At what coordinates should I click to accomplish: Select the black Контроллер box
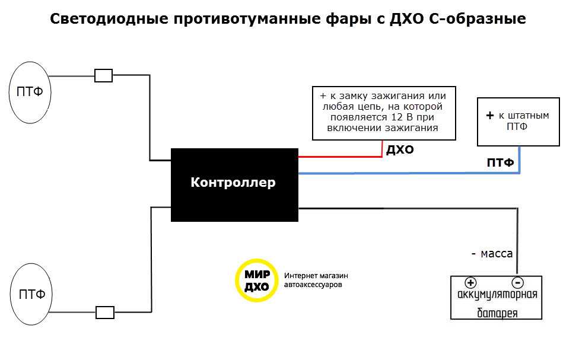234,184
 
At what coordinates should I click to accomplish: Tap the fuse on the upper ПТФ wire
104,76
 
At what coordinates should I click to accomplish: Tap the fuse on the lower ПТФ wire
105,312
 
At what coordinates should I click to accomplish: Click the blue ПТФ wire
409,173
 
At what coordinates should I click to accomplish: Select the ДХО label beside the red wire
400,150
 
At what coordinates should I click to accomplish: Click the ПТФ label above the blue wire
500,163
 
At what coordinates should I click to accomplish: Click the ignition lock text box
383,113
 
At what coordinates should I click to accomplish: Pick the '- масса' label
492,253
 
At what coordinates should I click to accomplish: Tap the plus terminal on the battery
470,282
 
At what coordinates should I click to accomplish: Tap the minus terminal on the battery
517,282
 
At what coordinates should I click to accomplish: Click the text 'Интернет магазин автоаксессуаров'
316,280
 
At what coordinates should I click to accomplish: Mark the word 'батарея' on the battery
498,313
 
